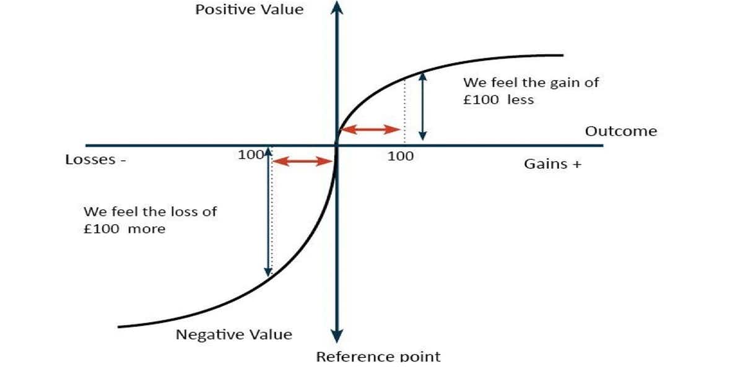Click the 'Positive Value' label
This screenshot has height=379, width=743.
pos(250,10)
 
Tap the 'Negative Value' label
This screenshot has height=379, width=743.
pos(234,335)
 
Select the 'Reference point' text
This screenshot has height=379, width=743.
pos(378,357)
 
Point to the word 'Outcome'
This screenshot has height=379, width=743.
pos(620,131)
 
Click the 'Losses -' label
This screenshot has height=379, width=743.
pos(96,160)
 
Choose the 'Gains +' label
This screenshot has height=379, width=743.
pos(553,164)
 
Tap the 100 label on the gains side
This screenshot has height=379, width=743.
pos(401,156)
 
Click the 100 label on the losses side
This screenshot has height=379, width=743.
pos(250,155)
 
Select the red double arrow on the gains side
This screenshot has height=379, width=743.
pos(371,129)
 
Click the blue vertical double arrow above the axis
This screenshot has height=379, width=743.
pos(423,106)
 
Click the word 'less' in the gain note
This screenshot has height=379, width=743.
pos(520,99)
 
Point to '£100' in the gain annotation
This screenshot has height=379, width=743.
pos(481,99)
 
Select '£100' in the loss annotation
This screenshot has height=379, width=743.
pos(102,229)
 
